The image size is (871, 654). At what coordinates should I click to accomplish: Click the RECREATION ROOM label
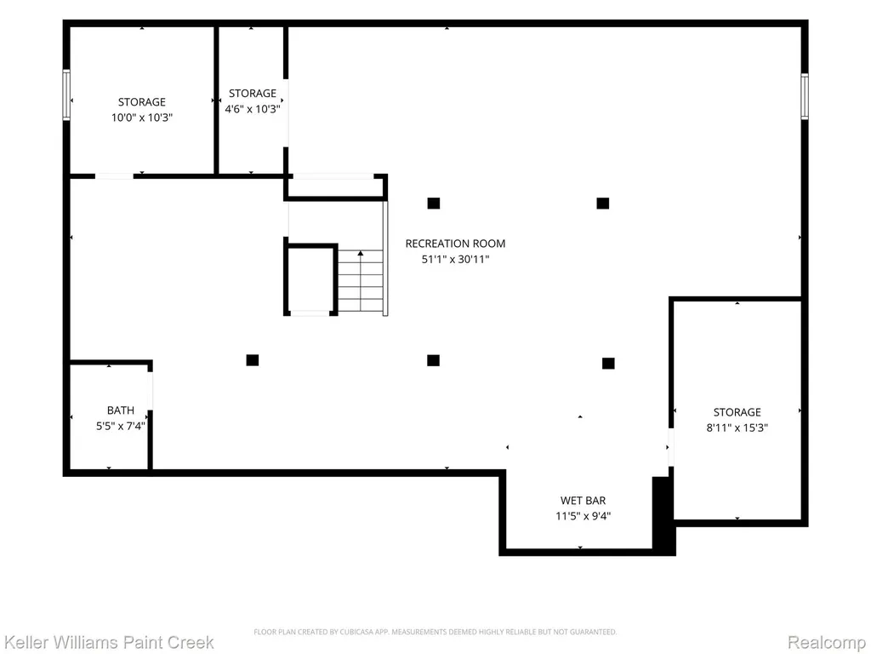click(x=455, y=244)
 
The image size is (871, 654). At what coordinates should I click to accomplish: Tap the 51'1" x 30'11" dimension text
click(x=455, y=259)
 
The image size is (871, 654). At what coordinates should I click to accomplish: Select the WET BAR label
click(x=583, y=501)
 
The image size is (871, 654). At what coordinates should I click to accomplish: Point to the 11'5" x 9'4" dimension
click(x=583, y=516)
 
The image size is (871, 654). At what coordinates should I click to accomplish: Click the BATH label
click(x=121, y=410)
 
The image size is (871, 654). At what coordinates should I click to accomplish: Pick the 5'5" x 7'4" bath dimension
click(x=121, y=426)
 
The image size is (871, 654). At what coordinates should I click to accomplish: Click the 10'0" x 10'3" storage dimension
click(x=142, y=118)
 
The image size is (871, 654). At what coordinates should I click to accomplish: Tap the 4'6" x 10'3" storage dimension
click(x=252, y=109)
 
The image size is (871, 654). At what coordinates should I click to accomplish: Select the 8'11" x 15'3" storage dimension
click(x=737, y=427)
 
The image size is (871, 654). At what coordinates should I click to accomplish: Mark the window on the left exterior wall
click(x=66, y=95)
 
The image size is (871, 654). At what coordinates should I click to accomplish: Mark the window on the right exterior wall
click(x=805, y=96)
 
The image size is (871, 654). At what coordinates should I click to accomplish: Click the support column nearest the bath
click(x=252, y=360)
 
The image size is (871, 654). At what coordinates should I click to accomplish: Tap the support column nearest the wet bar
click(x=608, y=363)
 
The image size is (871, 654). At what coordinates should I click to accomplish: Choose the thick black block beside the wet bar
click(x=663, y=515)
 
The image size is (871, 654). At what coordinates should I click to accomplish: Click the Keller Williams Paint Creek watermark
click(x=108, y=642)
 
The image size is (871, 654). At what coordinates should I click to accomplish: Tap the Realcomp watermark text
click(x=826, y=642)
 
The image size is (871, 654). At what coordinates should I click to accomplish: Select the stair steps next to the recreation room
click(x=361, y=281)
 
